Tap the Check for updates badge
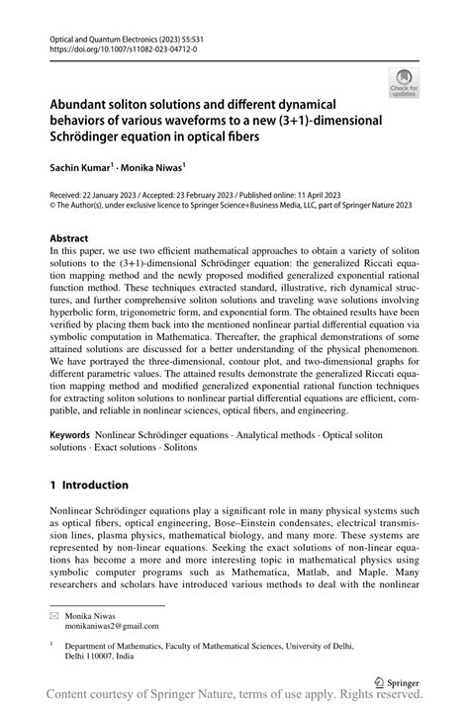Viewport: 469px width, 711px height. pos(404,83)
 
